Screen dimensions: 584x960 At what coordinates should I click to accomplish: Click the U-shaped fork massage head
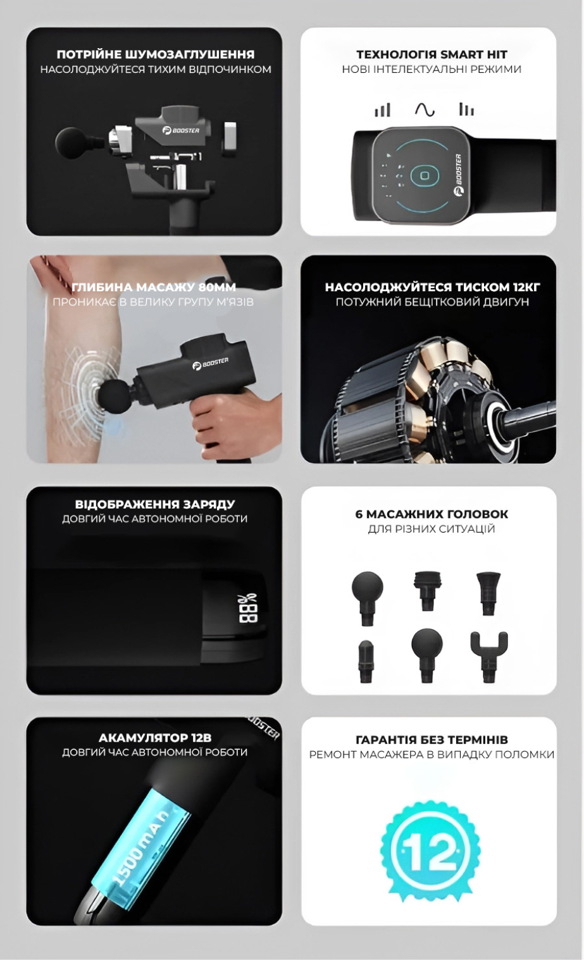point(489,657)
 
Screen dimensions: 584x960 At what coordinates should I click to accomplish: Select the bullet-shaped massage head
point(366,661)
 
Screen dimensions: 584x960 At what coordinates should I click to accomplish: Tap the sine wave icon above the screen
point(425,110)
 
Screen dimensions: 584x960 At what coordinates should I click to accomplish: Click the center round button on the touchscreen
point(425,175)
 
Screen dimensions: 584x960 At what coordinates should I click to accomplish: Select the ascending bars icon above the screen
point(383,110)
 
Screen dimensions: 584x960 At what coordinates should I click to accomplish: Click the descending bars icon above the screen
point(466,110)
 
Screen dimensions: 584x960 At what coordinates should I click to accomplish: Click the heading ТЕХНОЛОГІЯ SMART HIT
point(432,54)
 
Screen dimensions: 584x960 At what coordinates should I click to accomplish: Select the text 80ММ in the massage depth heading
point(218,287)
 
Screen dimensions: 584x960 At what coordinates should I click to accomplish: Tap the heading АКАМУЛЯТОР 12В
point(155,738)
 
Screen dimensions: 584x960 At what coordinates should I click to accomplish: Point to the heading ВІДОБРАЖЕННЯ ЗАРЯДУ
point(155,504)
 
